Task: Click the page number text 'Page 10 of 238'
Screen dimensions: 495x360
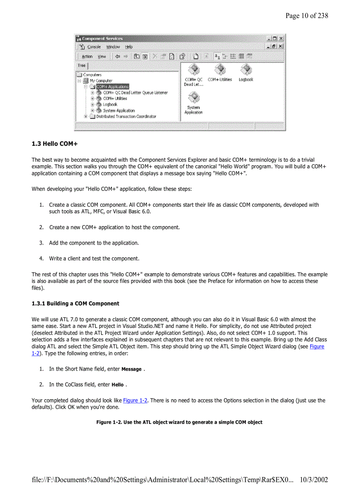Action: [x=306, y=16]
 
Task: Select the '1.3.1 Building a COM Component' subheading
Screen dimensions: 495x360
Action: [x=75, y=303]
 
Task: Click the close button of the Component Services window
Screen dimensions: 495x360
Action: [x=281, y=38]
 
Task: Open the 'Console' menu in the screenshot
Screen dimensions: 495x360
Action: [x=94, y=47]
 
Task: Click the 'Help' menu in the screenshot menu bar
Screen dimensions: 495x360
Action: [x=128, y=47]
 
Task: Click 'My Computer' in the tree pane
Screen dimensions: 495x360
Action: [x=101, y=81]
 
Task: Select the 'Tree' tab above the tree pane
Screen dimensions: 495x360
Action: [x=82, y=65]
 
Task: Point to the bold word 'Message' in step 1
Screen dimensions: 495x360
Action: [x=131, y=369]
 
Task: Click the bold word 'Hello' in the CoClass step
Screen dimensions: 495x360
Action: [x=117, y=385]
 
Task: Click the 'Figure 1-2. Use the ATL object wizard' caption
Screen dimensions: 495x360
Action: [x=180, y=422]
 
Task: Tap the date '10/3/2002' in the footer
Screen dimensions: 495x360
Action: [x=313, y=480]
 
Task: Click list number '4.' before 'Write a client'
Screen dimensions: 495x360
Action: [x=41, y=258]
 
